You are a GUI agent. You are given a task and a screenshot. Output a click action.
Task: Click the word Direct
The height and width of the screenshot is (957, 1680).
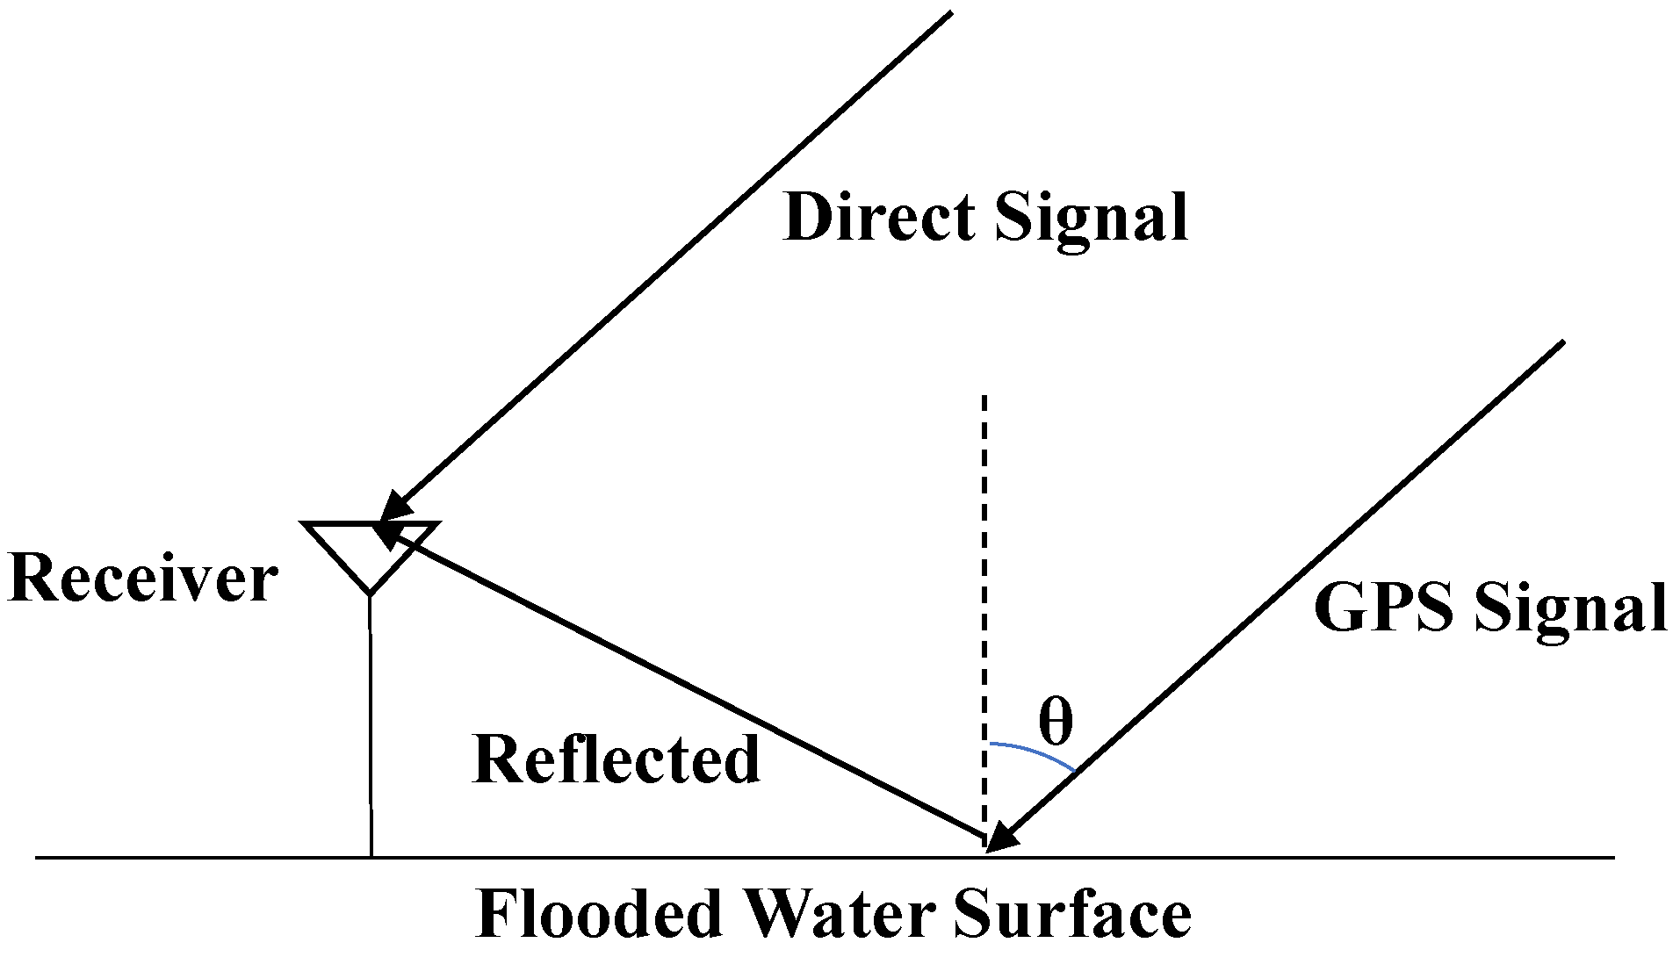[878, 217]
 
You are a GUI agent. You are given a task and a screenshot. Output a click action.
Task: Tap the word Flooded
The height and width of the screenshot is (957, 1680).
[597, 915]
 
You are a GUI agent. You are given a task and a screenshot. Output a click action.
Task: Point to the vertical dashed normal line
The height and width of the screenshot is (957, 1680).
[985, 571]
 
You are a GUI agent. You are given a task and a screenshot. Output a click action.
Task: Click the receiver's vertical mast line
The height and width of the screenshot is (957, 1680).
[371, 729]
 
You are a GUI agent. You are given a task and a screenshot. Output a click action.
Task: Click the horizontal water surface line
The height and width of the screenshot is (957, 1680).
[1317, 857]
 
